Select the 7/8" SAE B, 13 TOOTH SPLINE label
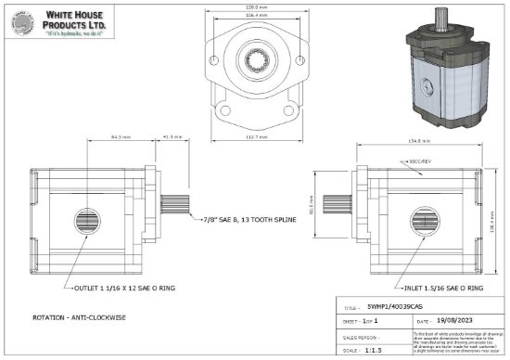pyautogui.click(x=249, y=223)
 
